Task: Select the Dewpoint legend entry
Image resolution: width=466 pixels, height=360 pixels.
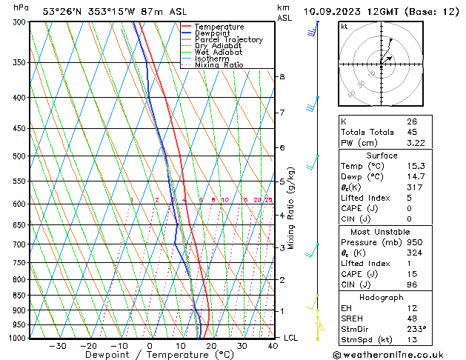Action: (213, 33)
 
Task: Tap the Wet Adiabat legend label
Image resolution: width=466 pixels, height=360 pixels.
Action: (219, 53)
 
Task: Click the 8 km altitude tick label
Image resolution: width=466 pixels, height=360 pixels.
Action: (282, 77)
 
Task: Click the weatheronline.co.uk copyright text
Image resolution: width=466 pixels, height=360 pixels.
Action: (399, 353)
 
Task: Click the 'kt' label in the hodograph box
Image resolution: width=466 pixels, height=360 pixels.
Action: (344, 26)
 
